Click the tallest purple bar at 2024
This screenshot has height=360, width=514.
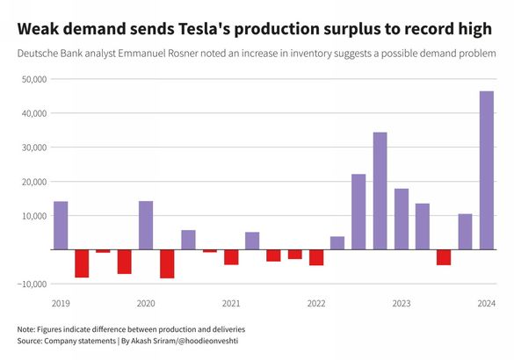click(486, 170)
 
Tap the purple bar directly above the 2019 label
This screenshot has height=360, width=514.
click(61, 226)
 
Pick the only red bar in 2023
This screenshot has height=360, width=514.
click(444, 257)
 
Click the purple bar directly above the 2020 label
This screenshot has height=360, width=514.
click(146, 226)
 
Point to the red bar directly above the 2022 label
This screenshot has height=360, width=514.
click(316, 257)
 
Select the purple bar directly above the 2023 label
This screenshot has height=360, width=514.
click(402, 220)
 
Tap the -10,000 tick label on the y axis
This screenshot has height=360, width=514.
click(32, 284)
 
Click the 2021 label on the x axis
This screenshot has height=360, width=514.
click(231, 304)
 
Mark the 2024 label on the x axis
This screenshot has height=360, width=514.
click(486, 304)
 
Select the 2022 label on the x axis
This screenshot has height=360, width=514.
click(316, 304)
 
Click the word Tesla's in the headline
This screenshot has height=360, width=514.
click(206, 29)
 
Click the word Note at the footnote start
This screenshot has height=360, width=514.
click(27, 328)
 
